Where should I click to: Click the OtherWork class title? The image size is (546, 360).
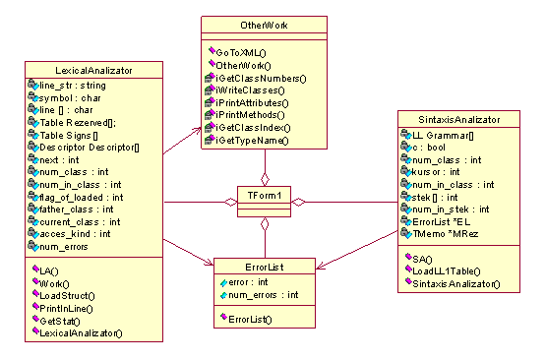pos(264,25)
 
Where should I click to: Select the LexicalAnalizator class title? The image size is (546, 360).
pos(93,71)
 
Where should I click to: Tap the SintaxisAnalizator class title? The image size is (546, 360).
pos(459,120)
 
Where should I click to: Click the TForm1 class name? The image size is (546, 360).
pos(264,196)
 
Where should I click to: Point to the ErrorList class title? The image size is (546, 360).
pos(265,267)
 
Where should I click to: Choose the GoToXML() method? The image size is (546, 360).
pos(241,52)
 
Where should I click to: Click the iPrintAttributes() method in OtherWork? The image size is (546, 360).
pos(252,103)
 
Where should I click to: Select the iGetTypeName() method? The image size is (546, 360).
pos(252,141)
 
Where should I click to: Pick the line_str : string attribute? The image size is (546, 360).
pos(73,86)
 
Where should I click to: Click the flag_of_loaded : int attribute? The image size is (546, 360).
pos(81,198)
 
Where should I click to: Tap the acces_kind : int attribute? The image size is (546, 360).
pos(75,234)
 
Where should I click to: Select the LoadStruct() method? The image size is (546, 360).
pos(67,296)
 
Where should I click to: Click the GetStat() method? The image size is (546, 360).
pos(60,321)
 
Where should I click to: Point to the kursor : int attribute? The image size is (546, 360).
pos(436,172)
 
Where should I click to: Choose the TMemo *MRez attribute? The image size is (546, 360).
pos(446,234)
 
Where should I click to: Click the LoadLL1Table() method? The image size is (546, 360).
pos(447,271)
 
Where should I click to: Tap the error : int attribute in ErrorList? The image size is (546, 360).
pos(248,282)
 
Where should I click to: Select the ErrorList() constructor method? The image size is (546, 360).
pos(250,320)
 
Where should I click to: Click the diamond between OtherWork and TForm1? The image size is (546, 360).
pos(265,180)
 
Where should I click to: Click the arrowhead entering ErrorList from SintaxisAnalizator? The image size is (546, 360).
pos(320,267)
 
